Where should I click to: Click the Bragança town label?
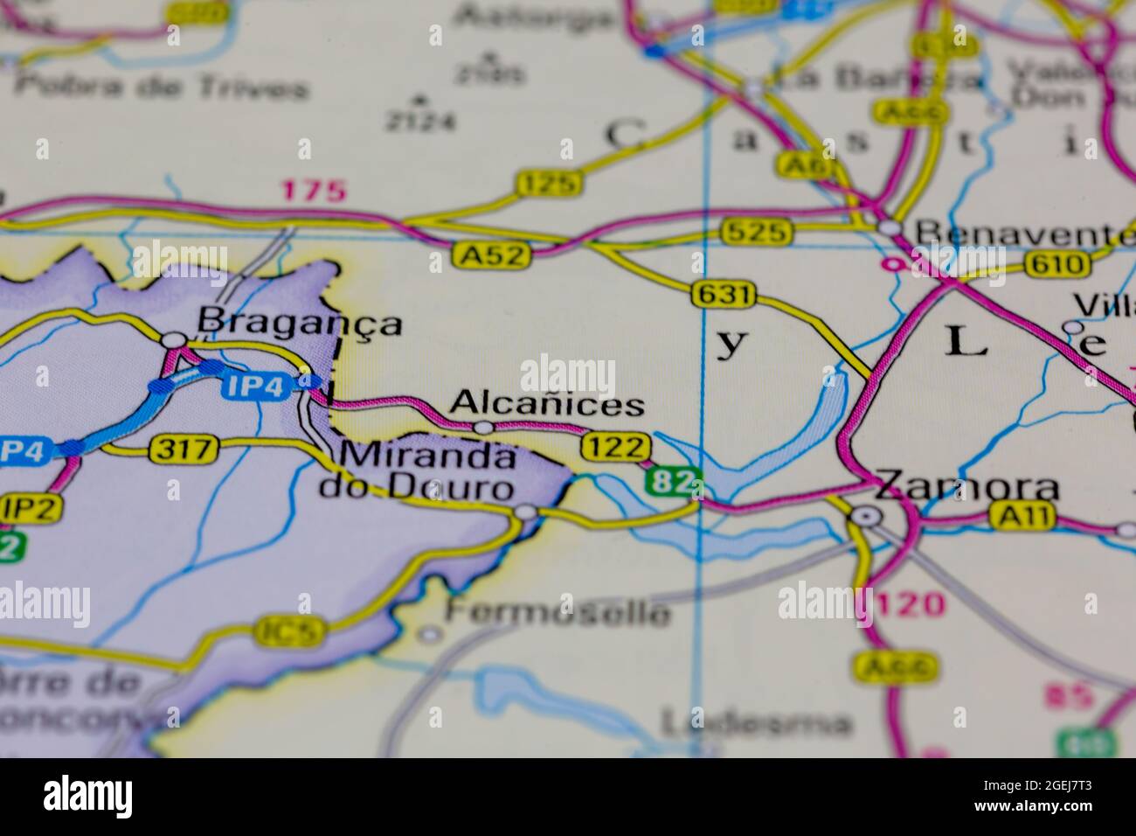click(299, 323)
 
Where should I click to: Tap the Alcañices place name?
click(547, 404)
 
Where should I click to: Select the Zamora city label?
click(966, 486)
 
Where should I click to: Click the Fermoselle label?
click(558, 611)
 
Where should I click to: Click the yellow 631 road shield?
click(723, 296)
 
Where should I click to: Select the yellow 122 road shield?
click(617, 447)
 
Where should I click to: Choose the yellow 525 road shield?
click(757, 232)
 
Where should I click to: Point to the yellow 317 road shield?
click(184, 449)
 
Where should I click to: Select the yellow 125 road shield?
click(548, 184)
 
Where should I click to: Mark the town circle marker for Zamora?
click(866, 517)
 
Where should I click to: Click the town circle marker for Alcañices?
click(483, 428)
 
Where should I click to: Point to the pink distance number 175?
click(314, 191)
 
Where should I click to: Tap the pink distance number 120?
click(910, 603)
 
